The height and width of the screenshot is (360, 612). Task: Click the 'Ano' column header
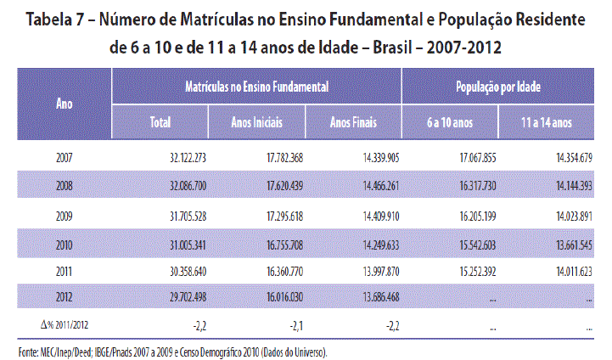click(x=63, y=104)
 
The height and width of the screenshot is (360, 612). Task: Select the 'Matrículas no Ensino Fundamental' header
click(x=256, y=87)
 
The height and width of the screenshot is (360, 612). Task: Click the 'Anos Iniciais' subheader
click(x=256, y=122)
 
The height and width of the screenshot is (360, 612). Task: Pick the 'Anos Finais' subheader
click(x=354, y=122)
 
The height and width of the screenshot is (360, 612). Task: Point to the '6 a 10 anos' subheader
click(x=450, y=122)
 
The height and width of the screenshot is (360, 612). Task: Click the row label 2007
click(x=64, y=158)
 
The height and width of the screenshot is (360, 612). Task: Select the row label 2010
click(x=64, y=244)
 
